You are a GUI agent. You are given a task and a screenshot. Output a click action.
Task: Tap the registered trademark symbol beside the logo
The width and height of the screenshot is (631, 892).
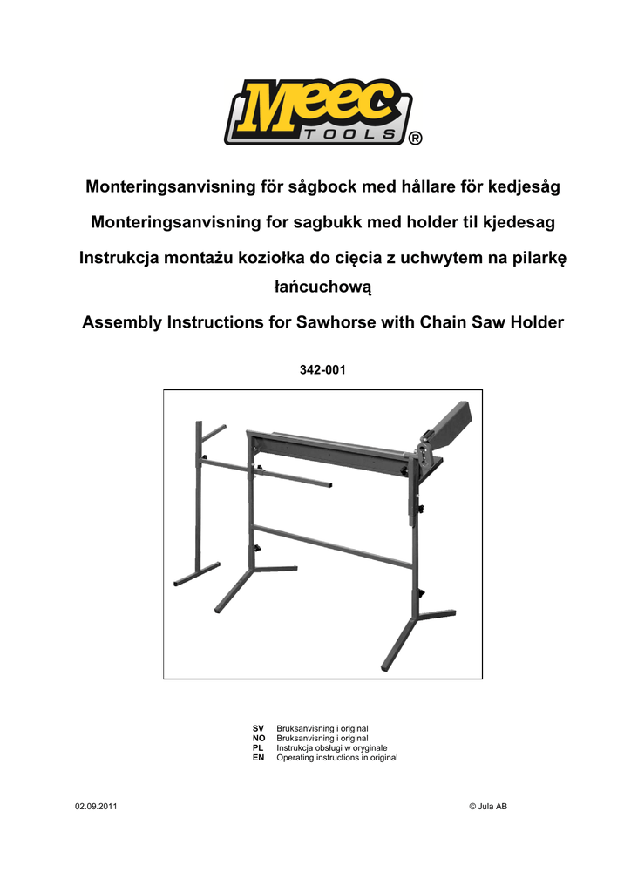coord(416,139)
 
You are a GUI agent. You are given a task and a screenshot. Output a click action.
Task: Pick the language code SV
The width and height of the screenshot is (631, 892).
coord(258,727)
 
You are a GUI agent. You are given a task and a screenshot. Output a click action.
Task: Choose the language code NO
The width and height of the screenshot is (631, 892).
coord(259,738)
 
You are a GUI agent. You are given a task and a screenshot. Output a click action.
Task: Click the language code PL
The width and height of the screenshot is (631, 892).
coord(258,747)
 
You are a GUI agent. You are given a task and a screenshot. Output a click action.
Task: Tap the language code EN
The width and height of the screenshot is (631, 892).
coord(258,758)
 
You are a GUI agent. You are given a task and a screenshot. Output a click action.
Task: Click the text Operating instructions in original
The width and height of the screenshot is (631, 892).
coord(336,758)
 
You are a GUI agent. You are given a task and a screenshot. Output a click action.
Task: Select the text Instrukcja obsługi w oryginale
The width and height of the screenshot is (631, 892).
coord(331,747)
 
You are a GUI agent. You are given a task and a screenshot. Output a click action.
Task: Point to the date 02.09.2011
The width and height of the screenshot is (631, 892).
coord(96,806)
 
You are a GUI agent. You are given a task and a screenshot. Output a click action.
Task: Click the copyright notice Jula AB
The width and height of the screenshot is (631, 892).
coord(488,806)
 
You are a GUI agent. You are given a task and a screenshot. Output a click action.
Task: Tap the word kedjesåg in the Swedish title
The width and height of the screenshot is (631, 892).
coord(521,186)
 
